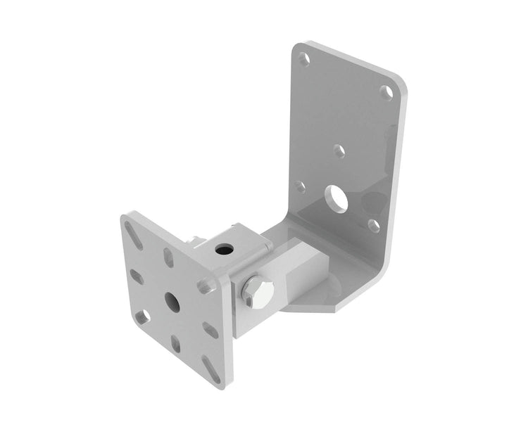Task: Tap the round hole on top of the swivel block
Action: coord(225,250)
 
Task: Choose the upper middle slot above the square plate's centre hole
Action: coord(169,257)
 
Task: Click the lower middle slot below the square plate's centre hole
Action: coord(176,343)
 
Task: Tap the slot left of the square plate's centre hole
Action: coord(137,276)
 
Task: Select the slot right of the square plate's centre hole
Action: coord(209,328)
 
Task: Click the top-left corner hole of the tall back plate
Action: coord(303,59)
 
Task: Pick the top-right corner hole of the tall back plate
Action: coord(386,92)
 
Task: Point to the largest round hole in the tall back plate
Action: coord(339,197)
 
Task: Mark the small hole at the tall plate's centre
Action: coord(339,150)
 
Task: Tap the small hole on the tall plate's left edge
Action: coord(301,187)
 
